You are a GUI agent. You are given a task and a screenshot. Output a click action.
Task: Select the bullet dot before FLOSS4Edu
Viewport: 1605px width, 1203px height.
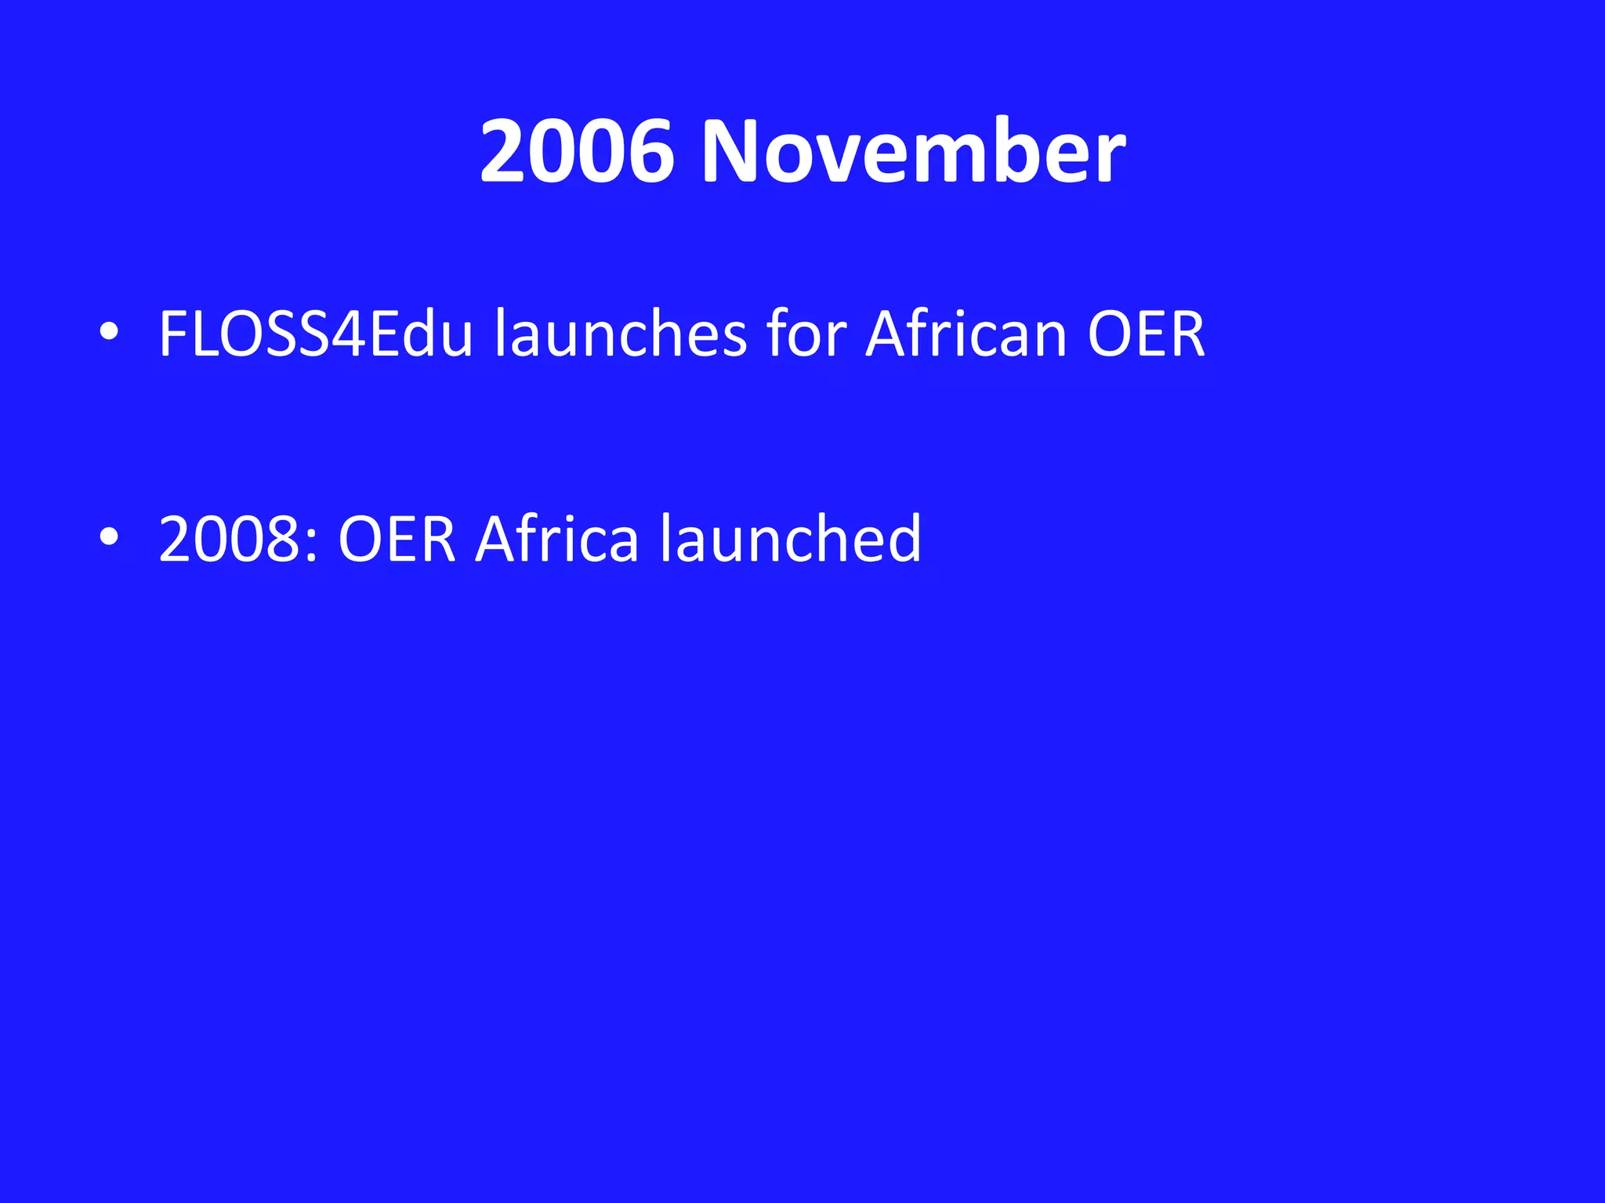pyautogui.click(x=109, y=332)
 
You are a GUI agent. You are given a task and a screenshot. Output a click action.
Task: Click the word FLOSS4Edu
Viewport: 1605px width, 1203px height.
pyautogui.click(x=316, y=334)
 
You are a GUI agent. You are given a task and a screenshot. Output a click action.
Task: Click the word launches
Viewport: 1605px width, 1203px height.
pyautogui.click(x=621, y=334)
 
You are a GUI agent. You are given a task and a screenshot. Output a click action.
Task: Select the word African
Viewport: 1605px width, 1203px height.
pyautogui.click(x=966, y=334)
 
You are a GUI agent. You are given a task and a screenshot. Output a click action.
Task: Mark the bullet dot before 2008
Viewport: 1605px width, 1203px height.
pyautogui.click(x=109, y=537)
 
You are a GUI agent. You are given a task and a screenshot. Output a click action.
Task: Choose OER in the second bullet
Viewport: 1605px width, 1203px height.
pyautogui.click(x=397, y=539)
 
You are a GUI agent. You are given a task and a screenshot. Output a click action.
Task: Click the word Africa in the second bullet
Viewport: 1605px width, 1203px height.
pyautogui.click(x=557, y=539)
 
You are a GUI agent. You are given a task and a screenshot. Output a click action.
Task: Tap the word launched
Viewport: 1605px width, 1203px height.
pyautogui.click(x=791, y=539)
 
